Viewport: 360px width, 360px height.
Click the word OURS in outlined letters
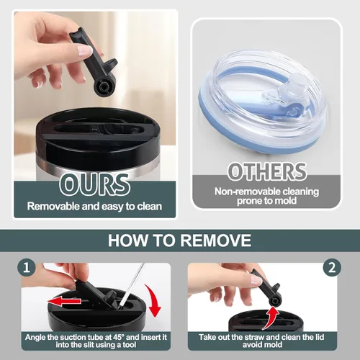[x=94, y=185]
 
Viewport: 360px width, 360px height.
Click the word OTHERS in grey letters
[x=267, y=171]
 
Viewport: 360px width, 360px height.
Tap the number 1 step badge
[x=27, y=267]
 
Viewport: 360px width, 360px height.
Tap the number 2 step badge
[x=332, y=267]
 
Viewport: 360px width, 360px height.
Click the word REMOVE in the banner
[x=215, y=240]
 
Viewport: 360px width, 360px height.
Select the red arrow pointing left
[x=64, y=301]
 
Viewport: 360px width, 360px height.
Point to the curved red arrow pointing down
[x=153, y=300]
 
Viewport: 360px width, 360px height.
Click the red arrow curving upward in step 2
[x=271, y=318]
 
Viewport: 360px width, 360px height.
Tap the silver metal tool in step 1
[x=132, y=286]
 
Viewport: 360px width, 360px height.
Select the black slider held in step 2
[x=269, y=287]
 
